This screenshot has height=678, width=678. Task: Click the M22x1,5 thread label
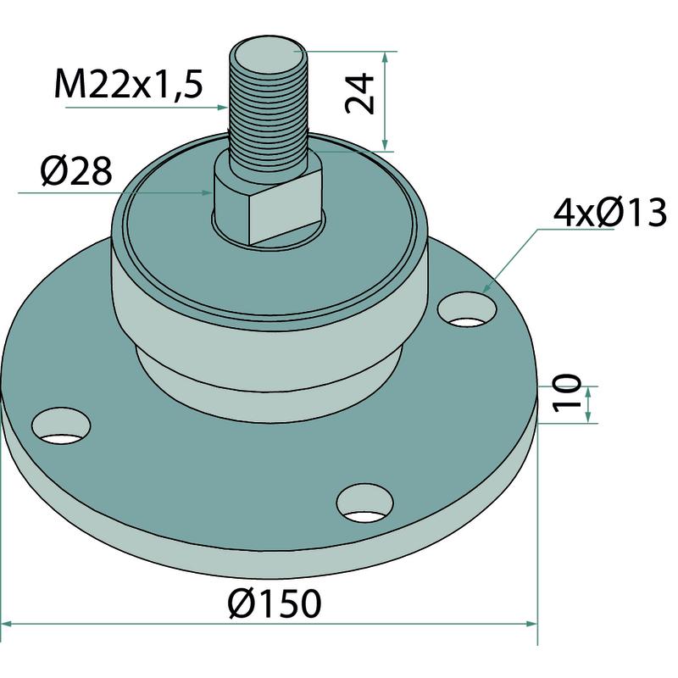[129, 84]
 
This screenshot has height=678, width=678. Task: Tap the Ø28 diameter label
[76, 171]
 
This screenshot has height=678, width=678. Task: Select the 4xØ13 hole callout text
[610, 213]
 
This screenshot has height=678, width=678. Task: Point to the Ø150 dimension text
[275, 603]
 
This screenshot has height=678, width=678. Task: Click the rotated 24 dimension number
[359, 93]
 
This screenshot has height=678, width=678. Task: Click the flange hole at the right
[467, 309]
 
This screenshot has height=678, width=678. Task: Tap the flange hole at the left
[61, 425]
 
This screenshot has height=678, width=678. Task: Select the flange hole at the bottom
[365, 503]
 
